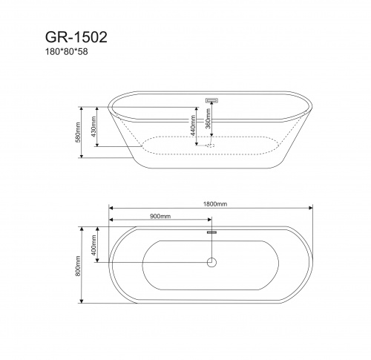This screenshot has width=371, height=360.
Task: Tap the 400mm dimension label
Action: click(95, 243)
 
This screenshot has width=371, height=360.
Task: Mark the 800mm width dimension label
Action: click(79, 264)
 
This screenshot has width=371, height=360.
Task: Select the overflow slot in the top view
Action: click(211, 233)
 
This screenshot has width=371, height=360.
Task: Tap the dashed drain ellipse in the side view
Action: click(211, 145)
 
